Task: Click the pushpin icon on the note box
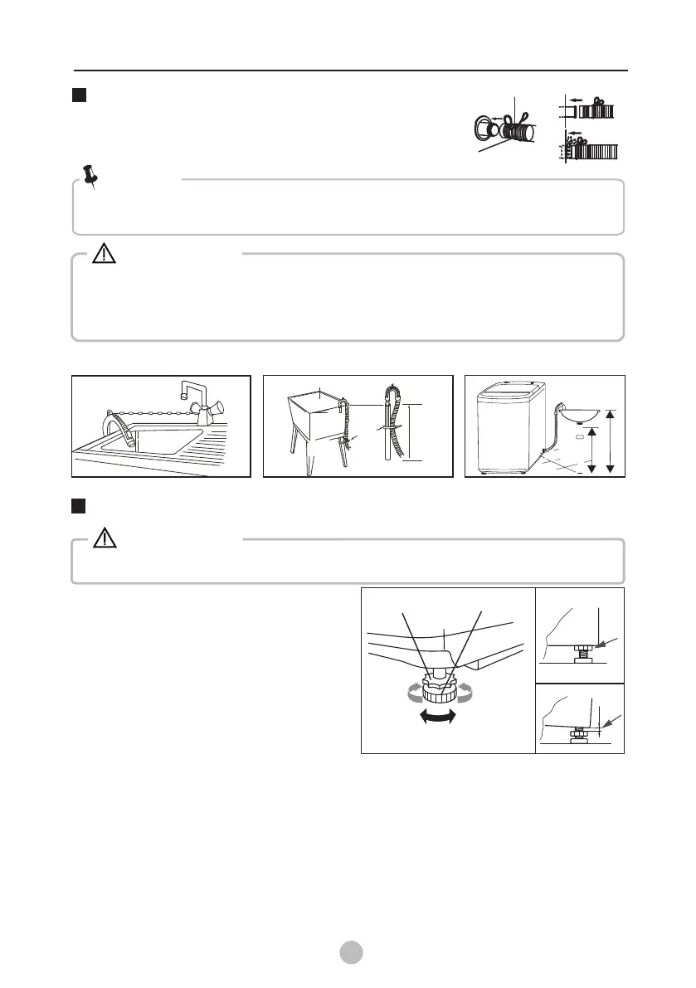coord(90,176)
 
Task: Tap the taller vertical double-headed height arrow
coord(611,440)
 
